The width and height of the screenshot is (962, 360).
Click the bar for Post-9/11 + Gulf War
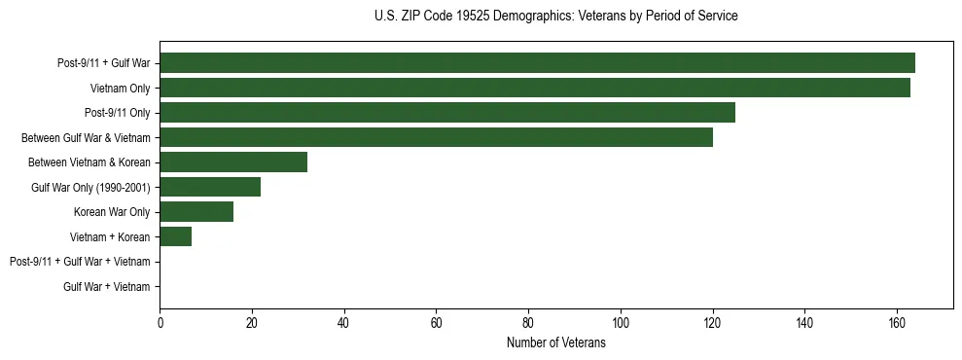[x=537, y=63]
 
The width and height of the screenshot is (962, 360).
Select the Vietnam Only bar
[x=535, y=89]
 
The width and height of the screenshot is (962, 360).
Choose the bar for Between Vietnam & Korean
[x=233, y=162]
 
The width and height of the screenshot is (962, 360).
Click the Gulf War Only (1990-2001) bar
[x=210, y=187]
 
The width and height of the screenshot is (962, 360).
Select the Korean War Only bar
[x=196, y=212]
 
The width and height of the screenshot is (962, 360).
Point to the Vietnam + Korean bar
[x=176, y=236]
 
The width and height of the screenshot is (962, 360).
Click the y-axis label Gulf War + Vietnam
[x=107, y=287]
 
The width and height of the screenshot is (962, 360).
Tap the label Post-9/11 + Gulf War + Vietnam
[x=80, y=262]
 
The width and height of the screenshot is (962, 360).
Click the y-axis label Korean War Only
[x=112, y=212]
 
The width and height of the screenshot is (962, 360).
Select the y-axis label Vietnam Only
[x=120, y=89]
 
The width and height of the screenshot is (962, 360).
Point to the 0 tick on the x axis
[x=160, y=323]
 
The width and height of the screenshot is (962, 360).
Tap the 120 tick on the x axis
[x=713, y=323]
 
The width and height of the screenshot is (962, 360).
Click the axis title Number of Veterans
[x=555, y=342]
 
